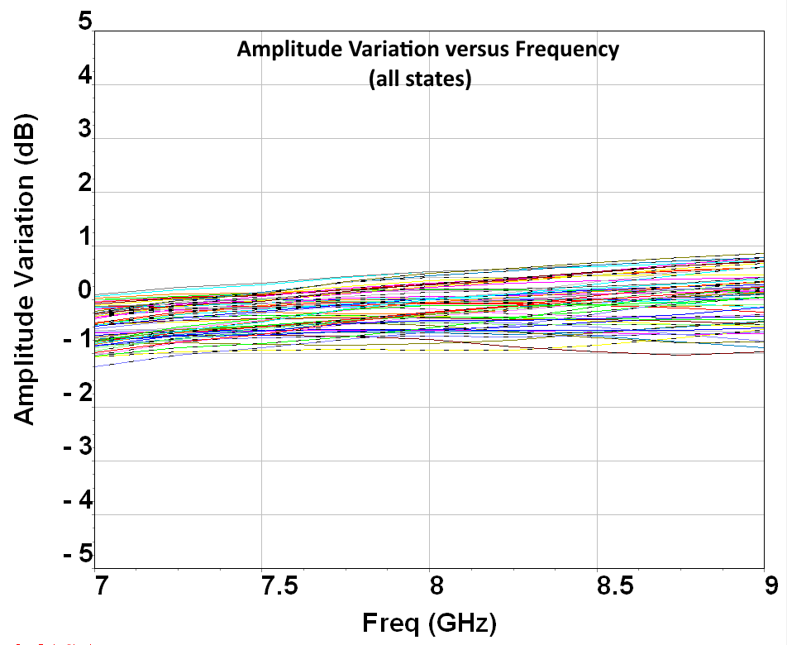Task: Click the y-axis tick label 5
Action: [x=86, y=21]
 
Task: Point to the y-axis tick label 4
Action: [x=86, y=76]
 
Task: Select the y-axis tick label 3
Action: [x=86, y=129]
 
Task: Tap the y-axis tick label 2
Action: [x=86, y=183]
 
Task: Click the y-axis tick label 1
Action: [x=86, y=236]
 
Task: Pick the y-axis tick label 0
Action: [x=86, y=290]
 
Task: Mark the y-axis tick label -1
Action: [x=79, y=340]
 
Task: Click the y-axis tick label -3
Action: [x=79, y=447]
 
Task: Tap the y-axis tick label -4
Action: [x=79, y=500]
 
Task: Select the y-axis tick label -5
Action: [x=79, y=554]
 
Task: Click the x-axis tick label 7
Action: [x=102, y=585]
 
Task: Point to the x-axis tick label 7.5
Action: [x=279, y=585]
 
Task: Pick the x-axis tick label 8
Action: [x=436, y=585]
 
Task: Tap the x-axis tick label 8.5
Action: [x=615, y=585]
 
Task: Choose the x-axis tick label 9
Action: [x=771, y=585]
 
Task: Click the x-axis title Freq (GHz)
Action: [x=430, y=623]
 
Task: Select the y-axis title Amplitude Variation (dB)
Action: [x=24, y=270]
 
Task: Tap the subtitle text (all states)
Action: [x=421, y=79]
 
